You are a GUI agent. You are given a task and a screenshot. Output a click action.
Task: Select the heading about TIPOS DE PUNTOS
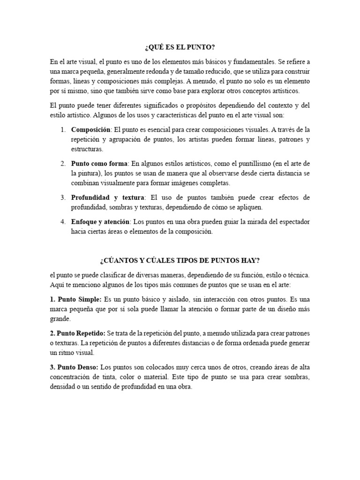click(180, 261)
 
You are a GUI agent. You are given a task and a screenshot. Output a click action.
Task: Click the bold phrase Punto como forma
click(99, 163)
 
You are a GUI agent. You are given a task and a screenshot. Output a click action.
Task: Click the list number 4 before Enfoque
click(63, 221)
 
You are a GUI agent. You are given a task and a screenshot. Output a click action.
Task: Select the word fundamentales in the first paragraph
click(233, 61)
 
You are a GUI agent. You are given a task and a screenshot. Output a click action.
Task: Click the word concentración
click(74, 377)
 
